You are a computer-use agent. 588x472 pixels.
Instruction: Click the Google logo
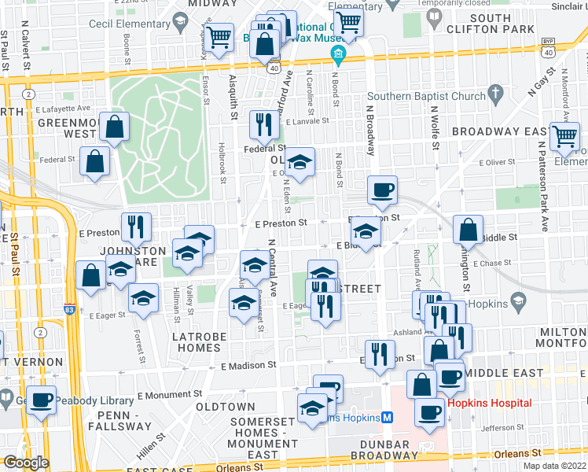pyautogui.click(x=25, y=463)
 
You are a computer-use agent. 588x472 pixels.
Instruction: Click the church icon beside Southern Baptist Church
pyautogui.click(x=494, y=96)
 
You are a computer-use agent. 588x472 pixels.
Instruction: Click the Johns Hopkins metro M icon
pyautogui.click(x=387, y=417)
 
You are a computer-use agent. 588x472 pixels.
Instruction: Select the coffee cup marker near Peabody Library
pyautogui.click(x=42, y=398)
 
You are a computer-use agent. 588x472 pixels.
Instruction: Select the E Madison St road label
pyautogui.click(x=248, y=365)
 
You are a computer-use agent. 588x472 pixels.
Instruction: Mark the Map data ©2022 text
pyautogui.click(x=555, y=466)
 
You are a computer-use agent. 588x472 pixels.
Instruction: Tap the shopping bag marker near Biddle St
pyautogui.click(x=469, y=230)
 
